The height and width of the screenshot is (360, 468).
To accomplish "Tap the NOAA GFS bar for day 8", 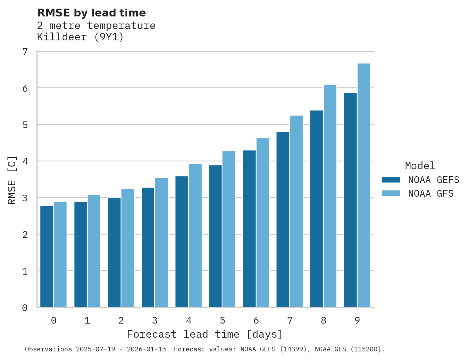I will tap(330, 196).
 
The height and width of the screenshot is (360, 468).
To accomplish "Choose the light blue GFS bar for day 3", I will tap(161, 242).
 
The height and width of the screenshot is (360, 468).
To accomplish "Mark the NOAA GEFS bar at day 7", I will tap(283, 219).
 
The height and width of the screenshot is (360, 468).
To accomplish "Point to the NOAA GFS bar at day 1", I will tap(94, 251).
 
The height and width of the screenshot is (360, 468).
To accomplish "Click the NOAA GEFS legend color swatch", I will tap(391, 180).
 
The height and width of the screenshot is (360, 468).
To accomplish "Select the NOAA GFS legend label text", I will tap(431, 194).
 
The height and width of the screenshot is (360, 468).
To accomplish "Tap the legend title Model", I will tap(420, 166).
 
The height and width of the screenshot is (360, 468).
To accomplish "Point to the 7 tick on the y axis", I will tap(25, 52).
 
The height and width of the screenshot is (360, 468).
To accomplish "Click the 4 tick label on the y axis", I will tap(25, 161).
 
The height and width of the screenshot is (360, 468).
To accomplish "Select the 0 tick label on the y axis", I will tap(25, 308).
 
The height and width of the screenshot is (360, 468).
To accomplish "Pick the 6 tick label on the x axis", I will tap(256, 320).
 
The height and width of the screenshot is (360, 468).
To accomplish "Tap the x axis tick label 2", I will tap(121, 320).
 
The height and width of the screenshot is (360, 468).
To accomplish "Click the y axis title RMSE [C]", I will tap(12, 180).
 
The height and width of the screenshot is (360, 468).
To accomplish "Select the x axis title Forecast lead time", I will tap(204, 335).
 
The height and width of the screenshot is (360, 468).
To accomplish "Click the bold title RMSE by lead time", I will tap(91, 13).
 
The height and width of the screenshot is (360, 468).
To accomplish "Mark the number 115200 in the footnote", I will tap(367, 349).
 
